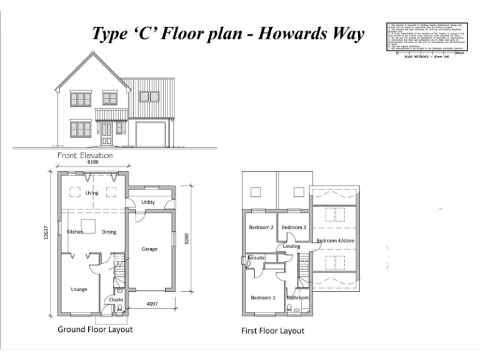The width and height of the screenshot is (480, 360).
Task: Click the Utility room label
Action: pyautogui.click(x=148, y=202)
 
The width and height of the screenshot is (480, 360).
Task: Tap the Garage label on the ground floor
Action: pyautogui.click(x=149, y=249)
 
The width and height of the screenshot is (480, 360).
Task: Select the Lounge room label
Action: pyautogui.click(x=79, y=289)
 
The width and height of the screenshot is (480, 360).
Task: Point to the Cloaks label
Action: pyautogui.click(x=116, y=300)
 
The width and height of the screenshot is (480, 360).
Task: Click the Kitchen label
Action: pyautogui.click(x=75, y=232)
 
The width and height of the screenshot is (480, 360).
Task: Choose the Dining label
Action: pyautogui.click(x=109, y=232)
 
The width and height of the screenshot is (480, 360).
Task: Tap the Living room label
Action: pyautogui.click(x=92, y=193)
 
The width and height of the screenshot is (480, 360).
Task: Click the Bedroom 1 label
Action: pyautogui.click(x=263, y=298)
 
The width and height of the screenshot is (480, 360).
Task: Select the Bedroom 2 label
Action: pyautogui.click(x=261, y=227)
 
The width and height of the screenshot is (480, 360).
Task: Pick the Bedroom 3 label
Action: pyautogui.click(x=294, y=227)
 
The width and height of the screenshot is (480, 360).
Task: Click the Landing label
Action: pyautogui.click(x=291, y=246)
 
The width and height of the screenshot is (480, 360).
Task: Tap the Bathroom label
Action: pyautogui.click(x=297, y=298)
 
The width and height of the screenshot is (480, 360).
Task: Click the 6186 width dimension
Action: pyautogui.click(x=94, y=162)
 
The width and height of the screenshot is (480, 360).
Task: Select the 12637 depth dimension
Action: pyautogui.click(x=46, y=233)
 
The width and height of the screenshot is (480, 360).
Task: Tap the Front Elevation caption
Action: pyautogui.click(x=85, y=155)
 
